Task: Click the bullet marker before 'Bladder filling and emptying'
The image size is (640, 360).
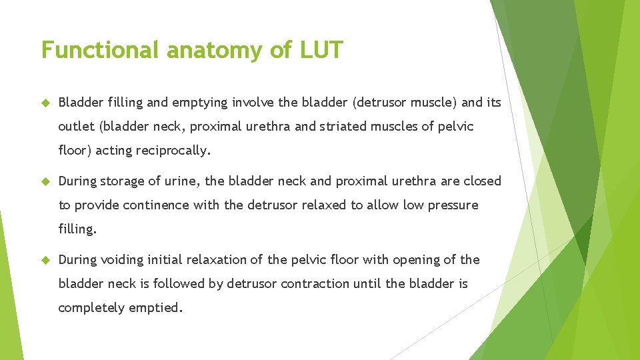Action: click(x=45, y=103)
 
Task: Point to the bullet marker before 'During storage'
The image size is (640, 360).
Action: click(x=45, y=181)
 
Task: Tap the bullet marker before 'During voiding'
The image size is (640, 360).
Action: click(x=45, y=260)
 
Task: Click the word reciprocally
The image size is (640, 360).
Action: click(x=173, y=151)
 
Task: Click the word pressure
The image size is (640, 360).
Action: click(x=453, y=205)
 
